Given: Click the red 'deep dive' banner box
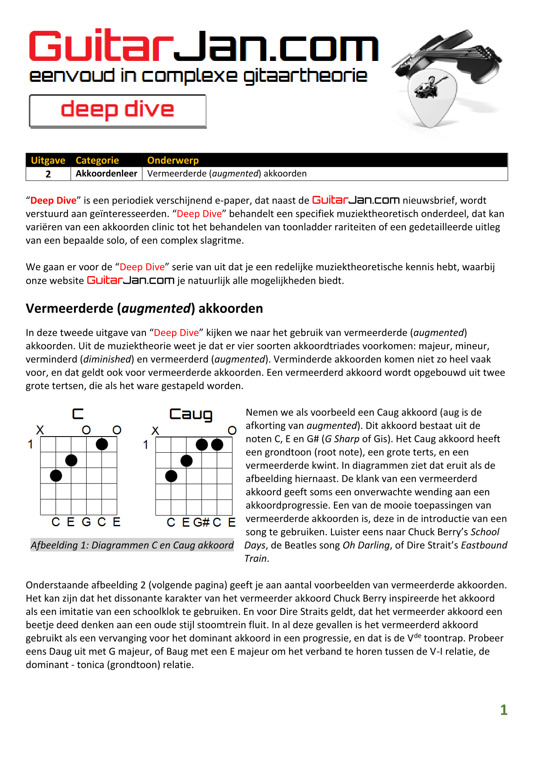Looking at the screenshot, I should pyautogui.click(x=118, y=111).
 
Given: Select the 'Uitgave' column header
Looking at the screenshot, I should pyautogui.click(x=48, y=160).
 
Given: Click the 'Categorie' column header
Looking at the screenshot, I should pyautogui.click(x=97, y=160).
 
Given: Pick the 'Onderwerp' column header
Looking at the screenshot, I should pyautogui.click(x=173, y=160).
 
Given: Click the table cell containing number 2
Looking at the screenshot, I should pyautogui.click(x=48, y=174).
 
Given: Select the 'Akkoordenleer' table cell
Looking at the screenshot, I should pyautogui.click(x=106, y=174).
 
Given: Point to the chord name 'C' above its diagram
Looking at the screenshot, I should pyautogui.click(x=78, y=414).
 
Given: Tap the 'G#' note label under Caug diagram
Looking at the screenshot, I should pyautogui.click(x=202, y=522).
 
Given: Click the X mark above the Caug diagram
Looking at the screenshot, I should pyautogui.click(x=155, y=430).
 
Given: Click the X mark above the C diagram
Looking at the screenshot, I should pyautogui.click(x=40, y=430).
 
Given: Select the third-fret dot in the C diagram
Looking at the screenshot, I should pyautogui.click(x=56, y=476).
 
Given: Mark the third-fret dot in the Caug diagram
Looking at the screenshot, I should pyautogui.click(x=172, y=476).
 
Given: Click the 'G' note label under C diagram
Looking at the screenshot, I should pyautogui.click(x=86, y=522).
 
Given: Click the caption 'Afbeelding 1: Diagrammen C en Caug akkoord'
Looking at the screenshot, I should pyautogui.click(x=132, y=545).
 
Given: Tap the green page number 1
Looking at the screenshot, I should pyautogui.click(x=504, y=710).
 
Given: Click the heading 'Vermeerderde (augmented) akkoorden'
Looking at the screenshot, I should pyautogui.click(x=144, y=309).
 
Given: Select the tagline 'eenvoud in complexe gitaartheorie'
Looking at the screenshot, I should pyautogui.click(x=198, y=76).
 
